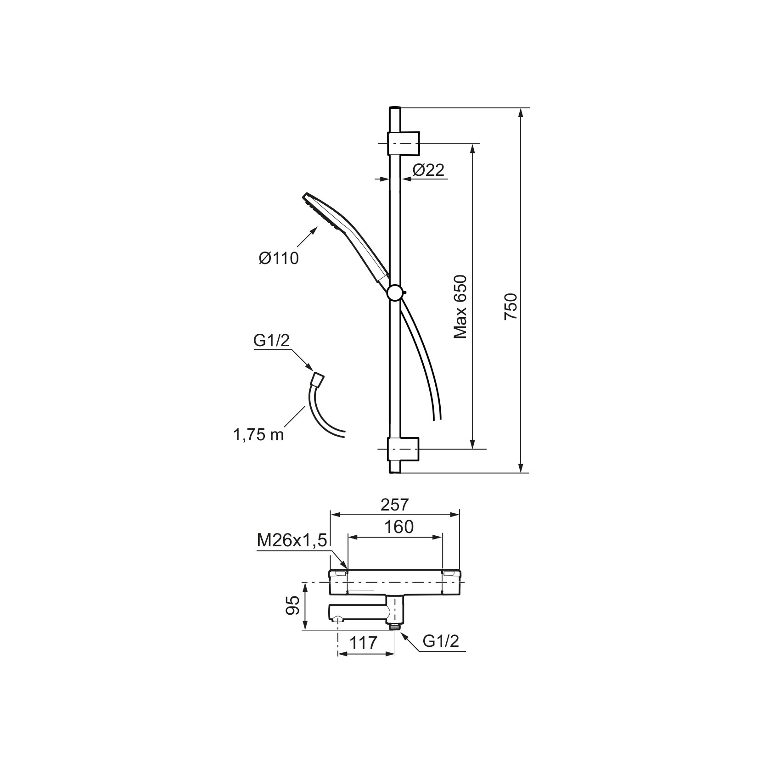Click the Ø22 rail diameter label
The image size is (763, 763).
[428, 170]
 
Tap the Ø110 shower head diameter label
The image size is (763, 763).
[279, 258]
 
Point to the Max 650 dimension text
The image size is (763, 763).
[460, 307]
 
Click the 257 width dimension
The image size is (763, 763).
[394, 505]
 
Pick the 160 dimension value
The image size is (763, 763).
[399, 527]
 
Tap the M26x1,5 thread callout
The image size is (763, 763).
[292, 541]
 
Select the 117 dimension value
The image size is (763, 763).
[363, 643]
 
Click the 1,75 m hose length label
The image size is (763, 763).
[259, 435]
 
